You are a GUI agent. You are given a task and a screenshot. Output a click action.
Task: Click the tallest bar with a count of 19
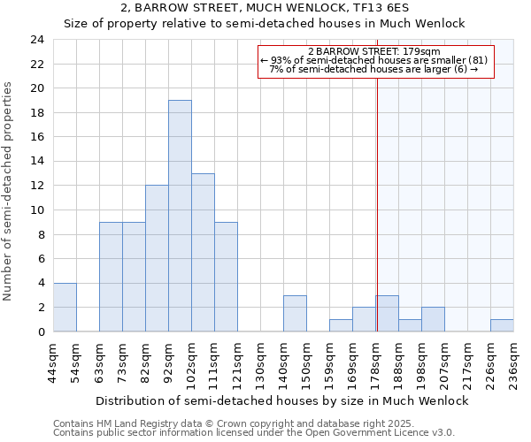tap(180, 216)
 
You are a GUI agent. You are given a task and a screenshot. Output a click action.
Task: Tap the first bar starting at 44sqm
tap(65, 307)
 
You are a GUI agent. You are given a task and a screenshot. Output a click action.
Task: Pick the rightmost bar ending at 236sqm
tap(502, 325)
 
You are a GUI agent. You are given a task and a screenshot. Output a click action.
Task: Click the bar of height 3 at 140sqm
tap(295, 313)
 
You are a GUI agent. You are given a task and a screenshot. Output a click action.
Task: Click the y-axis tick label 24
tap(36, 40)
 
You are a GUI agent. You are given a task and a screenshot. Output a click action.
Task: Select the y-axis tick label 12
tap(36, 186)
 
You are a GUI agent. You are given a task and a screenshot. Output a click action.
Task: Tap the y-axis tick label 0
tap(40, 331)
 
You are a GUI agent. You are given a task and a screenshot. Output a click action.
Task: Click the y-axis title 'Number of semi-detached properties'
tap(9, 191)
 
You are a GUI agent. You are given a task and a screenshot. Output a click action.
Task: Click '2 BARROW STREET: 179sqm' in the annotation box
tap(374, 51)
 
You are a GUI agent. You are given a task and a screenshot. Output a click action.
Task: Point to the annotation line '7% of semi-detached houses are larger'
tap(374, 69)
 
